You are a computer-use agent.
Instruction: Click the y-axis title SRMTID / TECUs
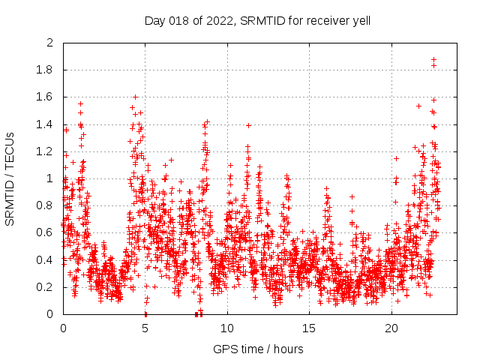click(x=10, y=179)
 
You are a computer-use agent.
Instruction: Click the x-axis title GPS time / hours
click(x=258, y=349)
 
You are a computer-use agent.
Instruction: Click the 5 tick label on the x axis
click(x=145, y=328)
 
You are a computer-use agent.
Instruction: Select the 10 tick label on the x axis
click(x=227, y=328)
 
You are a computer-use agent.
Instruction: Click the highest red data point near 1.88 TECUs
click(x=433, y=59)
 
